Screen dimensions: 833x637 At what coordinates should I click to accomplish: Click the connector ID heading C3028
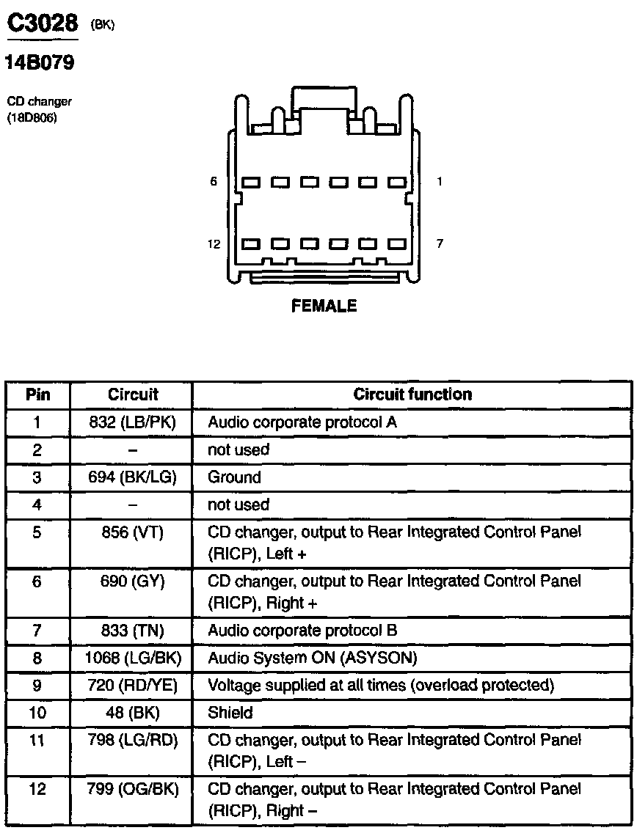(x=43, y=24)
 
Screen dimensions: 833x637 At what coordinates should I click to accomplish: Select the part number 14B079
(x=40, y=64)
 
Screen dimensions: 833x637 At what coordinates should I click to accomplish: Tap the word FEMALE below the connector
(x=324, y=307)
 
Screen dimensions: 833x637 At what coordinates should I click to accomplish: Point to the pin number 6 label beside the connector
(x=214, y=181)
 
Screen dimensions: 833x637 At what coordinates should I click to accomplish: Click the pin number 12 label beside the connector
(x=214, y=244)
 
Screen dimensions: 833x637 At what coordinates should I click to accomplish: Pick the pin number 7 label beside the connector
(x=440, y=244)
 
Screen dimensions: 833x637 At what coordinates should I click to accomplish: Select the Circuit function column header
(x=412, y=395)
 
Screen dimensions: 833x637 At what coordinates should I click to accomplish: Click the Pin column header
(x=38, y=395)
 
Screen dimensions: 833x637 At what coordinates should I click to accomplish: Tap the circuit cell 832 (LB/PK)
(x=132, y=422)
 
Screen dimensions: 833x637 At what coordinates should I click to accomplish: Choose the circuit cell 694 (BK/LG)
(x=132, y=477)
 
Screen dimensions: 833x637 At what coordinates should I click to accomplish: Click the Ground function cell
(x=234, y=477)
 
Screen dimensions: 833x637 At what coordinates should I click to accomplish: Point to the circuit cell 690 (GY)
(x=132, y=582)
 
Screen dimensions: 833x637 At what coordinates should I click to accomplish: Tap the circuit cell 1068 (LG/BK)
(x=132, y=658)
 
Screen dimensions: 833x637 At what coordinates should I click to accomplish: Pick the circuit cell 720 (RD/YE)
(x=132, y=686)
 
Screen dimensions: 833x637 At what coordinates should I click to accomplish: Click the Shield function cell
(x=230, y=713)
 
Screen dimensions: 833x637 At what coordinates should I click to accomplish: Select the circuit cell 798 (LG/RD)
(x=132, y=741)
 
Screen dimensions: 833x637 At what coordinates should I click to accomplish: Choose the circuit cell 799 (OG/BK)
(x=132, y=790)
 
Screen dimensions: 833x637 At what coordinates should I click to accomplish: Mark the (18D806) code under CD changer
(x=32, y=117)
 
